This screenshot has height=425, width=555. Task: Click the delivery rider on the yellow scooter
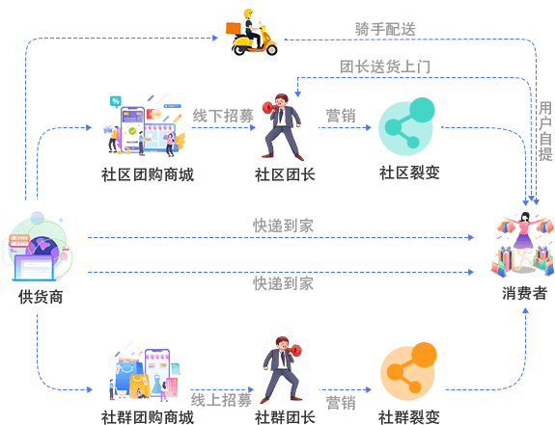pos(252,33)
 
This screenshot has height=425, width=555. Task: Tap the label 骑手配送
pos(385,29)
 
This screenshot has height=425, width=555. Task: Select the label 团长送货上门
pos(385,66)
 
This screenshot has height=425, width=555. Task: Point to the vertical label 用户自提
pos(545,131)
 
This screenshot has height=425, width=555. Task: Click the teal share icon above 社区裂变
pos(406,126)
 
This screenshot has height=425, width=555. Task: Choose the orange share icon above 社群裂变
pos(408,371)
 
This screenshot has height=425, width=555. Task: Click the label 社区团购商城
pos(148,174)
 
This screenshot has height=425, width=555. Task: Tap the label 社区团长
pos(285,174)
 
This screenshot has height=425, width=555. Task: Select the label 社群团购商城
pos(148,417)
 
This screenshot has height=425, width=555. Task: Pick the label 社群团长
pos(285,417)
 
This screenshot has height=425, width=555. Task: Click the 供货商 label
pos(41,297)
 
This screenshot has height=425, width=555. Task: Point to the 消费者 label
pos(524,293)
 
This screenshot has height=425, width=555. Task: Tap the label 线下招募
pos(223,116)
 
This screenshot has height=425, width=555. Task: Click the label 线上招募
pos(221,400)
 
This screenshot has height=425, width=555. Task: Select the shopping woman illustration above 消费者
pos(523,244)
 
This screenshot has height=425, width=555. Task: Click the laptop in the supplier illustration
pos(35,268)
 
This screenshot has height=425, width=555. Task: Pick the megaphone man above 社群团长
pos(282,370)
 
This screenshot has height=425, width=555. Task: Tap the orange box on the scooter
pos(233,28)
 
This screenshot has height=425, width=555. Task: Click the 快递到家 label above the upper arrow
pos(283,226)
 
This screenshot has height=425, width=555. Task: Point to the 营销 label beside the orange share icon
pos(341,403)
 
